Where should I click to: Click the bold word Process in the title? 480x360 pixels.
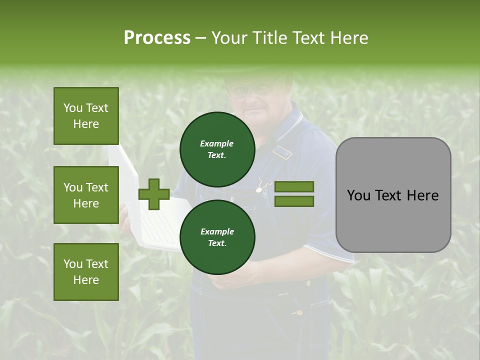click(x=157, y=37)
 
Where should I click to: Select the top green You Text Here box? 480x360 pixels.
click(x=86, y=116)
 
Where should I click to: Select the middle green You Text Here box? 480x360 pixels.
click(x=86, y=195)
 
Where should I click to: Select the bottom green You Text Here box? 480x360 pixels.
click(x=86, y=272)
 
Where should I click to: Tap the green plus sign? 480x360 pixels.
click(x=154, y=194)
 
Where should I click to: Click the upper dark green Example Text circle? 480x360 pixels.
click(x=217, y=149)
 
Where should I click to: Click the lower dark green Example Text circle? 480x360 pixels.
click(x=217, y=237)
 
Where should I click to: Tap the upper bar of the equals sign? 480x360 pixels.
click(x=294, y=186)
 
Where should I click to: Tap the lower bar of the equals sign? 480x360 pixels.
click(x=294, y=201)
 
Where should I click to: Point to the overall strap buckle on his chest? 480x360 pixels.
click(x=282, y=152)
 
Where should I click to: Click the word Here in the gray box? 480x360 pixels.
click(x=423, y=195)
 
